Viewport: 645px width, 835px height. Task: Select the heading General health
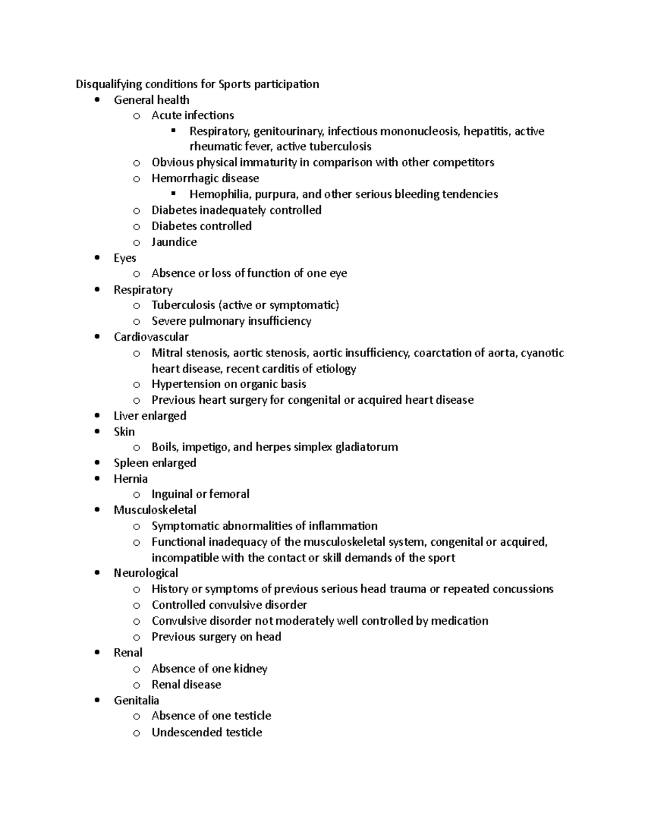click(152, 100)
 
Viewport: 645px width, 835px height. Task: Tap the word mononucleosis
click(419, 131)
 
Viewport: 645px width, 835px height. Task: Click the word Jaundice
click(174, 242)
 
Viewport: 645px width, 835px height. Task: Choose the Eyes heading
click(125, 258)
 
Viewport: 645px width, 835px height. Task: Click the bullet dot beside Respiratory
click(97, 290)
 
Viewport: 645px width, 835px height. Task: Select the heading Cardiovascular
click(151, 337)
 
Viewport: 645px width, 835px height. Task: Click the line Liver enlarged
click(150, 416)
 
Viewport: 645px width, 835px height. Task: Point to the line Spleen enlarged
click(155, 463)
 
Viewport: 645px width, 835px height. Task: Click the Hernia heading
click(131, 479)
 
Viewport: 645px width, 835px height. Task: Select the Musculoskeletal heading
click(155, 510)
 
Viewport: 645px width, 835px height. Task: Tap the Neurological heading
click(146, 573)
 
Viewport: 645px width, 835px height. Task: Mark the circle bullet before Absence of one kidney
click(137, 669)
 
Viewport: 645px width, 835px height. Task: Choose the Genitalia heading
click(136, 700)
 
